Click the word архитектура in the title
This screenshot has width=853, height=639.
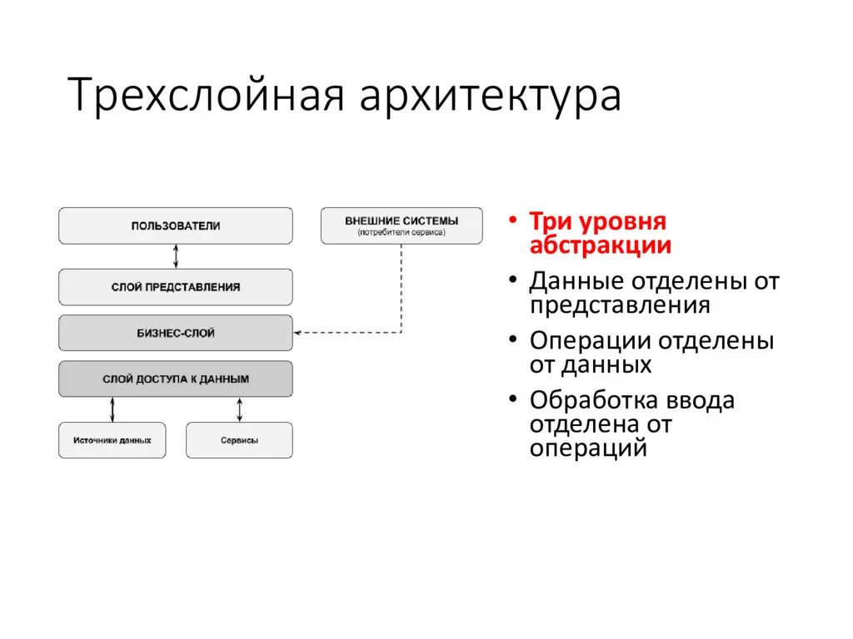(x=491, y=97)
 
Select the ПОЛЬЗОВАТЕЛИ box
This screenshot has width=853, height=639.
(x=176, y=225)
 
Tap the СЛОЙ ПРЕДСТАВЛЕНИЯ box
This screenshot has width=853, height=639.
(x=176, y=287)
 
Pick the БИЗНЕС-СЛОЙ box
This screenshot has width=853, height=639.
(x=176, y=333)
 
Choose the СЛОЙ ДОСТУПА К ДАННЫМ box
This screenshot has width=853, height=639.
(x=176, y=379)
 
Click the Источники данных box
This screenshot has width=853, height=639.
(x=112, y=440)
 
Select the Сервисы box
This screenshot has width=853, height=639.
(x=239, y=440)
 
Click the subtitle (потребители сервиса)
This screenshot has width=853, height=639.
(x=402, y=233)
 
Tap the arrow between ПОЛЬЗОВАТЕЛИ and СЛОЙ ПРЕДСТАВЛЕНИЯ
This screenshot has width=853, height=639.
(x=176, y=256)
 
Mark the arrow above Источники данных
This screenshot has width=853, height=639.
(x=112, y=409)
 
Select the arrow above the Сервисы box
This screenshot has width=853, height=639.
(x=240, y=409)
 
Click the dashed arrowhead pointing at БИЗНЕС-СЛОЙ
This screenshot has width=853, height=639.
(x=299, y=333)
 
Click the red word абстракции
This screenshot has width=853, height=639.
(x=600, y=245)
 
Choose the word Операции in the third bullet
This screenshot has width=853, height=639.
(x=590, y=341)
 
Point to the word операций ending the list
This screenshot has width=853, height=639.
(x=588, y=448)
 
